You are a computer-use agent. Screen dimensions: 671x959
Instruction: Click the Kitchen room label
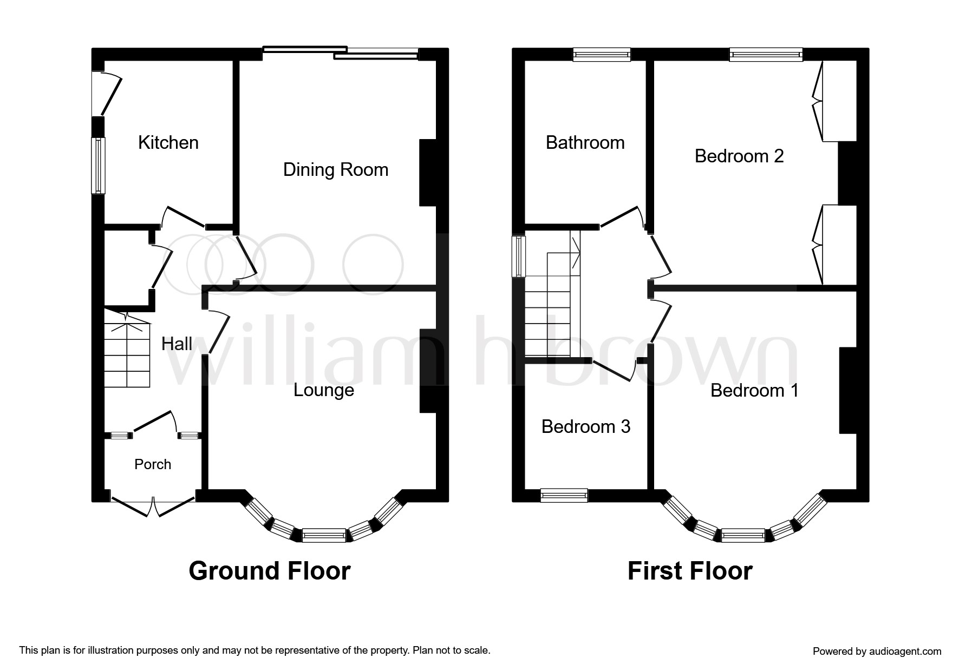(168, 143)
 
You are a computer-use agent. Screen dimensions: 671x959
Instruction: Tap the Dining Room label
(336, 170)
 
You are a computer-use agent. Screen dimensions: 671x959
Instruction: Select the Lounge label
(324, 390)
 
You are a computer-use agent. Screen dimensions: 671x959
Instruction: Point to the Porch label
(153, 464)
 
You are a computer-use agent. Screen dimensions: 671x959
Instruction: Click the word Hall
(177, 344)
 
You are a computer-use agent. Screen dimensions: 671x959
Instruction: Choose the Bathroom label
(585, 143)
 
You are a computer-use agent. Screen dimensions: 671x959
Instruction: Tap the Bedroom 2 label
(739, 156)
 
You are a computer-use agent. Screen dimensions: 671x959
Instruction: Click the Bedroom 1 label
(754, 391)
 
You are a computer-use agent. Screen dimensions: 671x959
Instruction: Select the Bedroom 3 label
(586, 427)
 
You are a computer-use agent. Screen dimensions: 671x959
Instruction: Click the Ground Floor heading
(270, 571)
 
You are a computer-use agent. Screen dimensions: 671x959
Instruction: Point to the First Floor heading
(690, 571)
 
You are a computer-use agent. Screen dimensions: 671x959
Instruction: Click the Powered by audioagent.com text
(877, 652)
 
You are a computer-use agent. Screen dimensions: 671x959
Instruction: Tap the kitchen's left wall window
(98, 166)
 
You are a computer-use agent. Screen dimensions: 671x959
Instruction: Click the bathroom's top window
(602, 54)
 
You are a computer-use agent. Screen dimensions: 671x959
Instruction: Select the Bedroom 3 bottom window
(564, 495)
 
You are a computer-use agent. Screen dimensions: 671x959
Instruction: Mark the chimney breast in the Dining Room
(427, 173)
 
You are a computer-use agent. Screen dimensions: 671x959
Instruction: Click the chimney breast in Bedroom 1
(848, 390)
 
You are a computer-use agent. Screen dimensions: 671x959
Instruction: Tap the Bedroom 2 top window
(766, 54)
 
